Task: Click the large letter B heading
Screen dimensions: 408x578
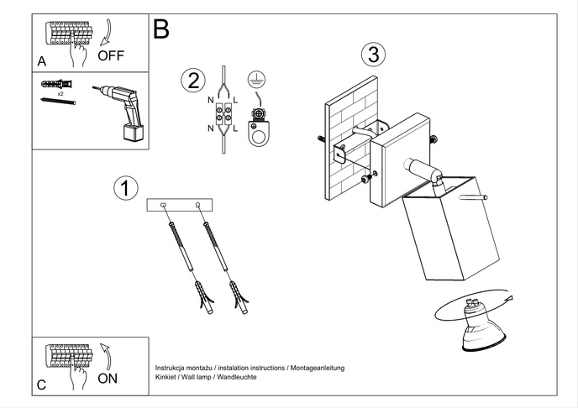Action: click(x=161, y=29)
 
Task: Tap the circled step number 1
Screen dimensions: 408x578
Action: click(x=125, y=189)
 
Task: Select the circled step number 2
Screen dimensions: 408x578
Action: click(x=193, y=81)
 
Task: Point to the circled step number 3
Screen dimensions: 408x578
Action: click(x=373, y=55)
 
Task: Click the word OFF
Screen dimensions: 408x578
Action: click(x=111, y=56)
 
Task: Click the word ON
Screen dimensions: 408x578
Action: click(x=108, y=378)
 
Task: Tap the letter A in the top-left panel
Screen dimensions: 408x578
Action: click(x=42, y=61)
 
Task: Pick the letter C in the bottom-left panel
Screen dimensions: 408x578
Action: click(x=42, y=385)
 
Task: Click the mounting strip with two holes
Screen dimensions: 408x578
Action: click(x=180, y=205)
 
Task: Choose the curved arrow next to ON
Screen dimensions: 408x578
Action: click(x=104, y=355)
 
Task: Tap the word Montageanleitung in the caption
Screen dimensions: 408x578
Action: click(x=317, y=369)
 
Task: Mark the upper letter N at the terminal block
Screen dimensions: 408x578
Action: click(x=210, y=100)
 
